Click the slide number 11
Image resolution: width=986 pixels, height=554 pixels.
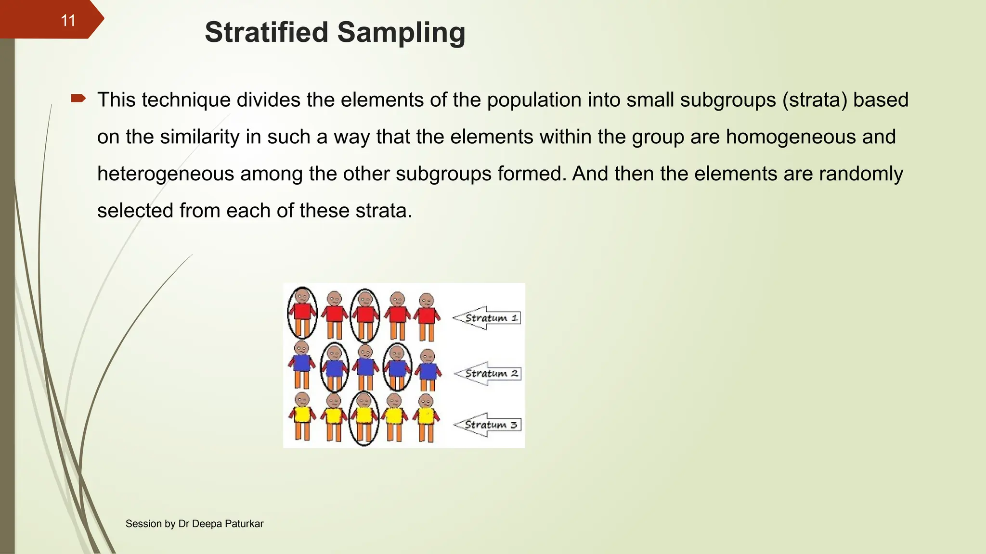click(68, 20)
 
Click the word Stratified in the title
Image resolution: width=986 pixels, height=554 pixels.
click(266, 32)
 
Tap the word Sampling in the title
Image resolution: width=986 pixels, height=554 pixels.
click(401, 32)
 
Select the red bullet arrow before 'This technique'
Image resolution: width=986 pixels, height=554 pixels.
click(78, 99)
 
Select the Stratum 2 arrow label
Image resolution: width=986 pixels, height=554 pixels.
click(489, 373)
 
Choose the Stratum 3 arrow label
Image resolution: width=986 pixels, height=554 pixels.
click(489, 425)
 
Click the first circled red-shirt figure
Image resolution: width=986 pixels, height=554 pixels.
click(302, 313)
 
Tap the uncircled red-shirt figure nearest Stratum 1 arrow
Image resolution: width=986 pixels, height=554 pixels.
click(427, 316)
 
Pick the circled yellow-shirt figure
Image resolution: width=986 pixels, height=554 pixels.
click(364, 417)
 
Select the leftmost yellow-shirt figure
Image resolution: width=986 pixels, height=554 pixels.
click(302, 415)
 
